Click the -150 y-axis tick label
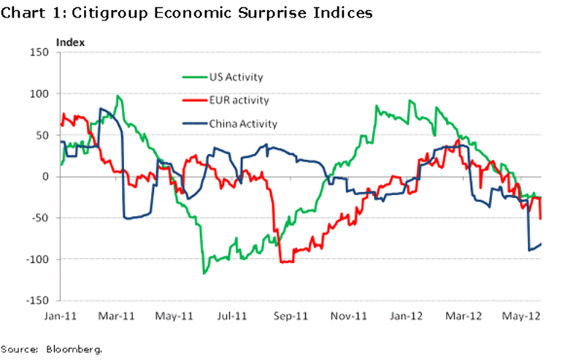click(36, 301)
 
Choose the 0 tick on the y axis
click(45, 177)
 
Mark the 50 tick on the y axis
click(42, 135)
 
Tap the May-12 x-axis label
click(523, 315)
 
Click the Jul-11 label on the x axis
click(233, 315)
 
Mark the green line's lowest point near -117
click(204, 273)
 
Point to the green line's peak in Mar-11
click(118, 96)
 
